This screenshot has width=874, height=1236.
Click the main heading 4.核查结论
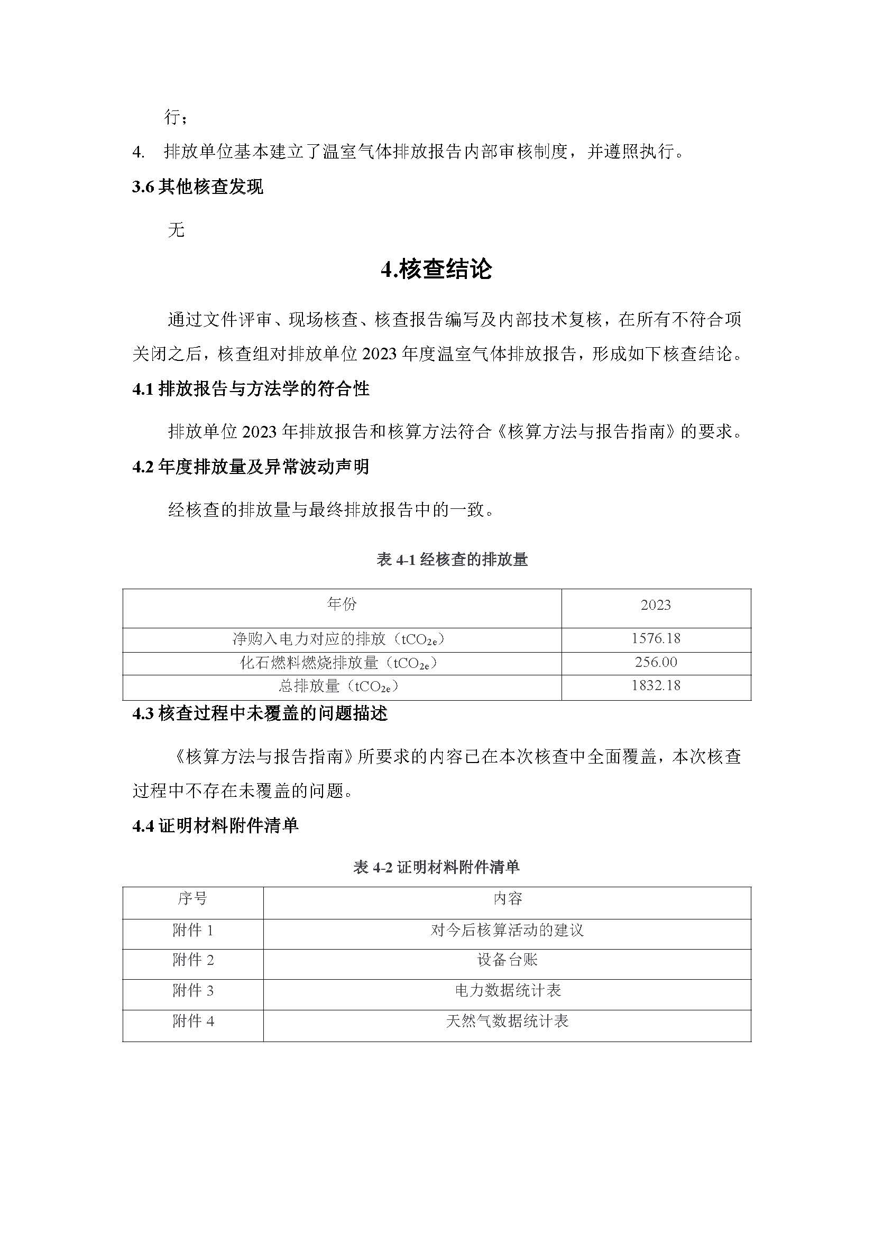tap(436, 269)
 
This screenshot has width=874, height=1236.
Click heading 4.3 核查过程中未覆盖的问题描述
tap(260, 714)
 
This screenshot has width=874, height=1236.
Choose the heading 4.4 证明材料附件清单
tap(215, 825)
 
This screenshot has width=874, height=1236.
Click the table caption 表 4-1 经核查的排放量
tap(452, 560)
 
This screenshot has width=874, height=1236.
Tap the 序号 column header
tap(192, 898)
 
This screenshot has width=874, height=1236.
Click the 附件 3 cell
tap(193, 990)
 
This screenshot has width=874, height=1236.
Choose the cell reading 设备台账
tap(507, 960)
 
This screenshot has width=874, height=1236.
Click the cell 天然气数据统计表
tap(507, 1021)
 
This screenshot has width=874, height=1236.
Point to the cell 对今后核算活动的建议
tap(507, 930)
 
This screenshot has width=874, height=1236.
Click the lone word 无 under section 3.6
tap(176, 230)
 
